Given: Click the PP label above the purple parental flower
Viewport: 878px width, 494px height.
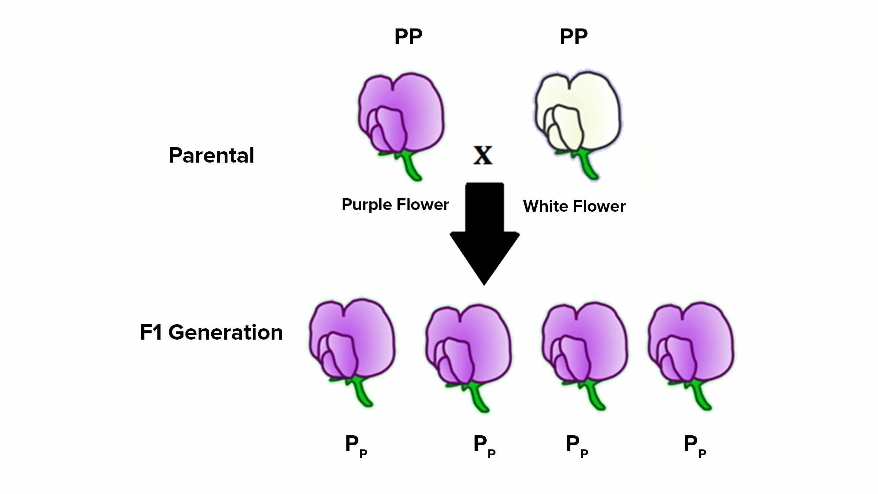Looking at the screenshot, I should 408,37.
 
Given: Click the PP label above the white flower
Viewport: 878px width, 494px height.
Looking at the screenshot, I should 573,37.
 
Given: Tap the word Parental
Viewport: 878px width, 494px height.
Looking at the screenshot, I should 211,155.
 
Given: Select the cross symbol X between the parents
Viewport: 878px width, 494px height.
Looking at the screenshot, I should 483,155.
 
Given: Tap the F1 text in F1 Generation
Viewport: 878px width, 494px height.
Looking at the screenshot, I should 151,333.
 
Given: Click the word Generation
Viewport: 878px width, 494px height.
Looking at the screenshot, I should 225,333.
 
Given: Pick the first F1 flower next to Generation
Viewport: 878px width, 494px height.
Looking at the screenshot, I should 352,340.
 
